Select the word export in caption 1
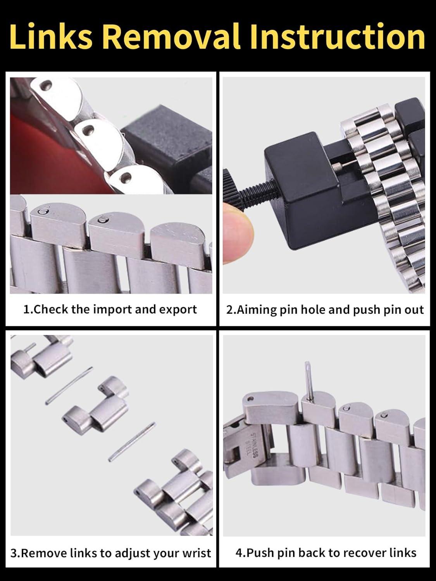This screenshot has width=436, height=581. click(178, 309)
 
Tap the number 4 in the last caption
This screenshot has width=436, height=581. click(238, 553)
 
